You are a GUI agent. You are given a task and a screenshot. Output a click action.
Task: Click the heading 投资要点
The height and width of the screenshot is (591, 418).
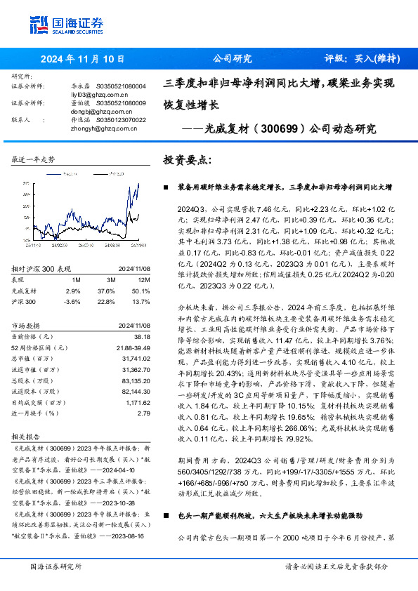point(185,159)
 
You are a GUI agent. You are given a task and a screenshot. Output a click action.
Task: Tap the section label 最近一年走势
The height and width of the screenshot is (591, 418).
point(33,160)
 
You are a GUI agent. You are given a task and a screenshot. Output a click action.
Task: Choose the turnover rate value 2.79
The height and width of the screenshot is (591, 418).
point(143,414)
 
